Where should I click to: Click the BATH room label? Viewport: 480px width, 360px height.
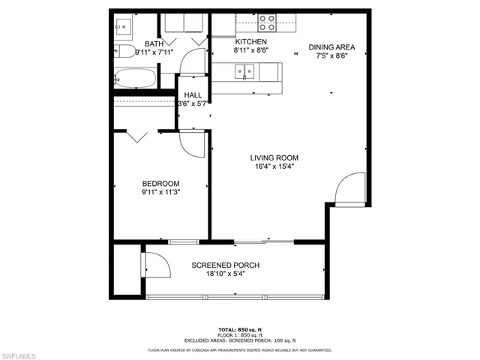(x=154, y=44)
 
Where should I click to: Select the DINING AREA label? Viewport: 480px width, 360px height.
(x=331, y=46)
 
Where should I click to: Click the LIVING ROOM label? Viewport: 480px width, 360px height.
(x=274, y=157)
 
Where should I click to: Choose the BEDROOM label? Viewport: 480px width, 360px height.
(x=161, y=184)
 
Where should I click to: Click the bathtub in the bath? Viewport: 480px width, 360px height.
(x=135, y=79)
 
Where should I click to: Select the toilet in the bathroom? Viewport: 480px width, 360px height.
(x=123, y=28)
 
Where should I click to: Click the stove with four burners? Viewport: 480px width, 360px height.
(x=268, y=23)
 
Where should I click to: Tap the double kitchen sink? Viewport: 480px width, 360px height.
(x=244, y=73)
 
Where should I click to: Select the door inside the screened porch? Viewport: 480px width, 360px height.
(x=155, y=265)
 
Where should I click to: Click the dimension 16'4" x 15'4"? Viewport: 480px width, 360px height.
(x=274, y=167)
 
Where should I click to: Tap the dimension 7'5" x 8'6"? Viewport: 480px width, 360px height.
(x=331, y=55)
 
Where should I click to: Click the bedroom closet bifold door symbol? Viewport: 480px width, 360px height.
(x=136, y=136)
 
